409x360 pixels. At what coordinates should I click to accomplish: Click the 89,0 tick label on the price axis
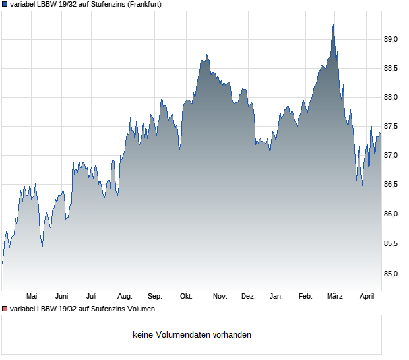tap(392, 40)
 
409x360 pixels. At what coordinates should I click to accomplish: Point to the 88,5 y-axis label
tap(392, 69)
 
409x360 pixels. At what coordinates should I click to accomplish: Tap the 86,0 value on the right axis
tap(392, 214)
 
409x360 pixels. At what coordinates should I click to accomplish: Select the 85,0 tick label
tap(392, 273)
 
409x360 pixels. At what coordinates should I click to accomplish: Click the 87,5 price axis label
tap(392, 127)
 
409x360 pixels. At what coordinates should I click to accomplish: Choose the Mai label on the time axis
tap(31, 297)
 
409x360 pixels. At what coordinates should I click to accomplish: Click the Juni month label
tap(62, 297)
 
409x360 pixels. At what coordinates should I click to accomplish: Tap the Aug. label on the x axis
tap(125, 297)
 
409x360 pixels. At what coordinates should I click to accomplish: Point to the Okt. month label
tap(186, 297)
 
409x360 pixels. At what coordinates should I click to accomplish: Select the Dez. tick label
tap(248, 297)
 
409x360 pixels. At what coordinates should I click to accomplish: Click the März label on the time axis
tap(335, 297)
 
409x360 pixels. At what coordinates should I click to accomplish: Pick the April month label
tap(367, 297)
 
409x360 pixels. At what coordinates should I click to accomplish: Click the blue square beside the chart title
tap(5, 4)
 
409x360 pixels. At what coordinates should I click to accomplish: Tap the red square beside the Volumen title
tap(5, 309)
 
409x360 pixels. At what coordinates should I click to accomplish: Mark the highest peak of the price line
tap(333, 25)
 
